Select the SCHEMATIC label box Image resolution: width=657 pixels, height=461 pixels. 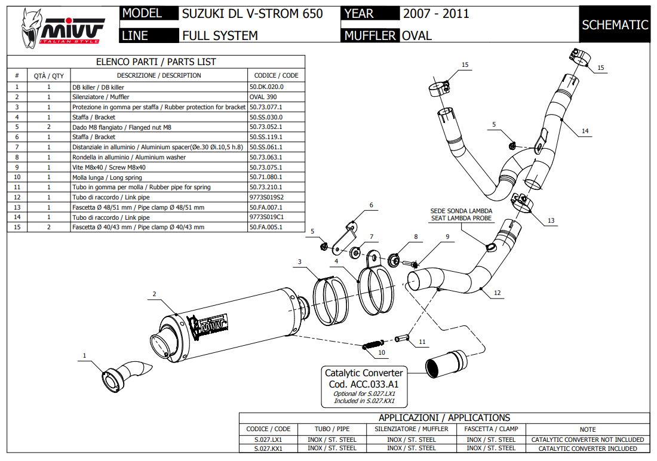pyautogui.click(x=615, y=24)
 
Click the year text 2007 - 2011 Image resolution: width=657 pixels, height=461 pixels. pyautogui.click(x=436, y=14)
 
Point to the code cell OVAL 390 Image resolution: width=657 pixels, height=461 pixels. pyautogui.click(x=263, y=97)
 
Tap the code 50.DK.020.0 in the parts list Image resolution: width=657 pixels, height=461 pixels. pyautogui.click(x=266, y=87)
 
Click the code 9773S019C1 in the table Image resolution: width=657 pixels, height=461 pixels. pyautogui.click(x=266, y=217)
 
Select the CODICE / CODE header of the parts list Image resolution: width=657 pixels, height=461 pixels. pyautogui.click(x=276, y=76)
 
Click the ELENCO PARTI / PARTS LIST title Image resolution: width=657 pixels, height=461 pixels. pyautogui.click(x=156, y=62)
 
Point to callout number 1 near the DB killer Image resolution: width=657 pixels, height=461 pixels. pyautogui.click(x=84, y=356)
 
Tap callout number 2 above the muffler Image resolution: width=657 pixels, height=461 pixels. pyautogui.click(x=154, y=294)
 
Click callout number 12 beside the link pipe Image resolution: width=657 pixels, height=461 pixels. pyautogui.click(x=497, y=294)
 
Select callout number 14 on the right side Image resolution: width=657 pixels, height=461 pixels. pyautogui.click(x=585, y=131)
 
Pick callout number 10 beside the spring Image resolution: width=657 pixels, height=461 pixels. pyautogui.click(x=381, y=352)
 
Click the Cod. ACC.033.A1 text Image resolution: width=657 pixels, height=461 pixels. pyautogui.click(x=363, y=385)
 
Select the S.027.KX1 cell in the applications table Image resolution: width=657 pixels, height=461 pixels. pyautogui.click(x=268, y=448)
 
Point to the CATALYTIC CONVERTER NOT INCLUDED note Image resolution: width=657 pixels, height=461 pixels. pyautogui.click(x=588, y=440)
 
